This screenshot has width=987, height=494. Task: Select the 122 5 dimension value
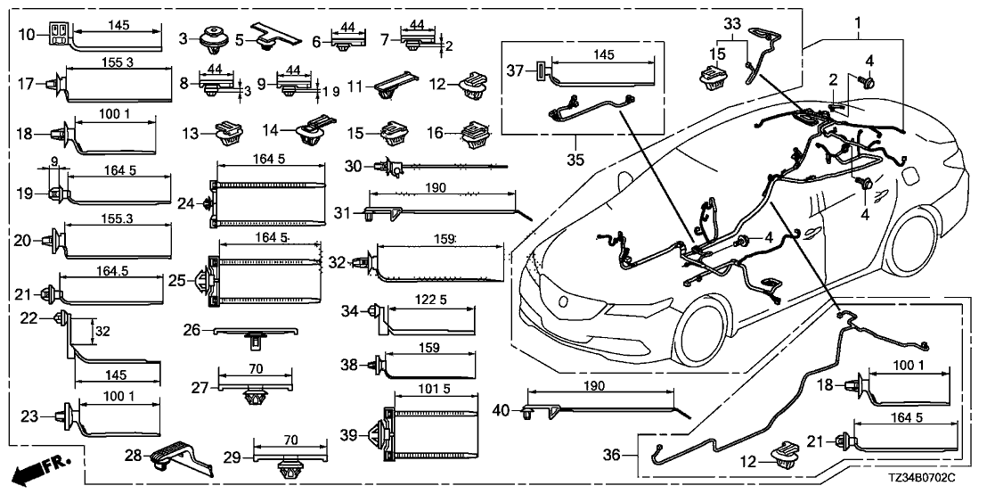point(431,303)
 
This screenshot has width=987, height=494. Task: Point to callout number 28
point(134,457)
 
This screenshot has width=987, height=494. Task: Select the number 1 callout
point(858,21)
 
